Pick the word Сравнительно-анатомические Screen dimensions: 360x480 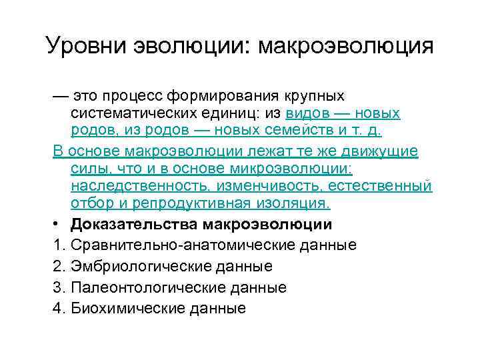(x=177, y=245)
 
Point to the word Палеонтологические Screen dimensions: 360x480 (x=144, y=287)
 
